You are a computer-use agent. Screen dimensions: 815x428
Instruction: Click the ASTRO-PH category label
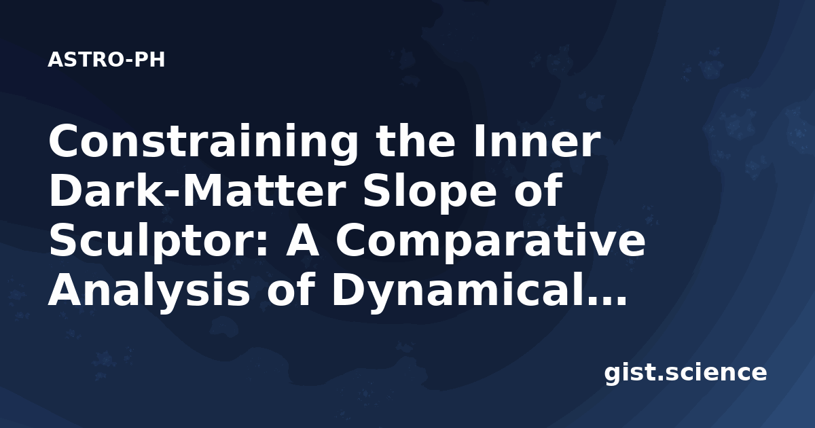tap(106, 60)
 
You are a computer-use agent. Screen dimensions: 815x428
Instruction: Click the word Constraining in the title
tap(203, 142)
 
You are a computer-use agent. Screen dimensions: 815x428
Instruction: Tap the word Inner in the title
tap(537, 141)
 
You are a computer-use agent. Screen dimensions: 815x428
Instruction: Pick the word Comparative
tap(491, 243)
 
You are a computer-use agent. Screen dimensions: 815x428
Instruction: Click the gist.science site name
tap(685, 374)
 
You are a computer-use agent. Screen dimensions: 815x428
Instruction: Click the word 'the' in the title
tap(416, 141)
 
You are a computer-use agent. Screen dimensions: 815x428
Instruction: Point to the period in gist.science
tap(659, 378)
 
